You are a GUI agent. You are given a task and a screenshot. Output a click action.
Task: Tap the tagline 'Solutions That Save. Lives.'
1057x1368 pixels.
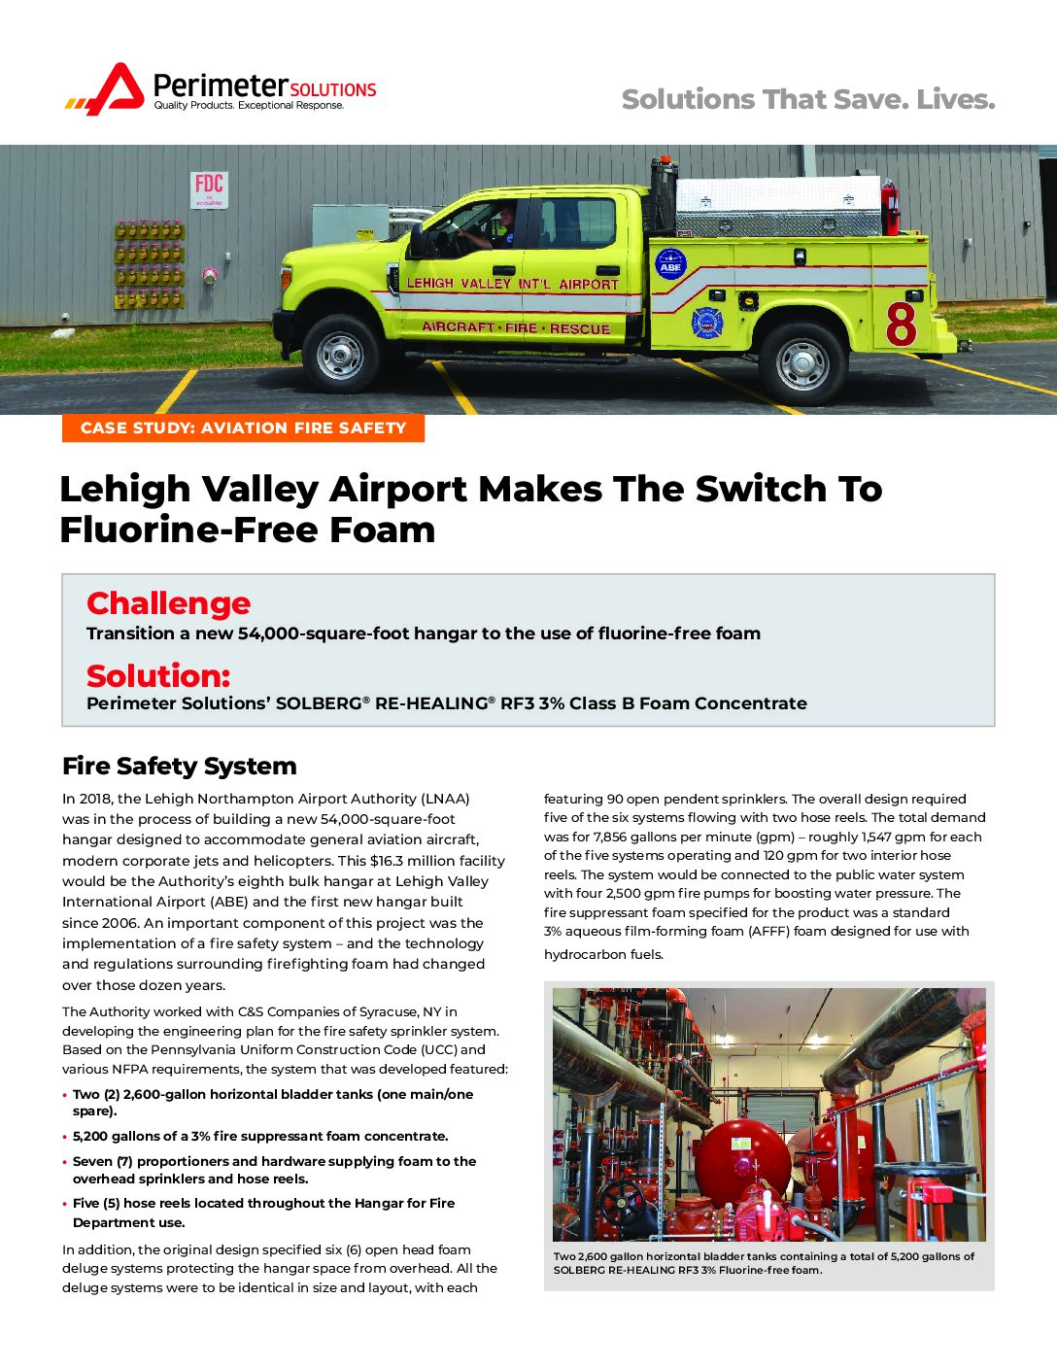pyautogui.click(x=807, y=99)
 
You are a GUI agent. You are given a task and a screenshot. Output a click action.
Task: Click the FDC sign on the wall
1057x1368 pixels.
pyautogui.click(x=209, y=188)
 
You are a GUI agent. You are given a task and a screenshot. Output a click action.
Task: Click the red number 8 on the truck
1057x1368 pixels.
pyautogui.click(x=901, y=325)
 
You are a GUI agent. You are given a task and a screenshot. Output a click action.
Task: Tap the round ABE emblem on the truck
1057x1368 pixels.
pyautogui.click(x=670, y=264)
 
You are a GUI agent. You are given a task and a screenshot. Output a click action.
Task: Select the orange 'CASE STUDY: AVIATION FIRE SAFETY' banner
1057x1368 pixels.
pyautogui.click(x=243, y=427)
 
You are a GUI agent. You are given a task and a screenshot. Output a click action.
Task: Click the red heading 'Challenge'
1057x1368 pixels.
pyautogui.click(x=168, y=603)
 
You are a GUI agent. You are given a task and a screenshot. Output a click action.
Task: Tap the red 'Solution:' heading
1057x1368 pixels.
pyautogui.click(x=158, y=675)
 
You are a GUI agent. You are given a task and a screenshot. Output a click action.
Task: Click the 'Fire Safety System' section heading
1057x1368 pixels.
pyautogui.click(x=179, y=766)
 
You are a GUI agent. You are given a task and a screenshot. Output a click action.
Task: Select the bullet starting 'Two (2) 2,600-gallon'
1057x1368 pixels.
pyautogui.click(x=272, y=1102)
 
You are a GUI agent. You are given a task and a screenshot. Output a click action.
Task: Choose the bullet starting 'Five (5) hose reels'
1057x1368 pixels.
pyautogui.click(x=262, y=1213)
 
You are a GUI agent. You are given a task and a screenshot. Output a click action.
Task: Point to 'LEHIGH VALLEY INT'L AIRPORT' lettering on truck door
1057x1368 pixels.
pyautogui.click(x=512, y=284)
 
